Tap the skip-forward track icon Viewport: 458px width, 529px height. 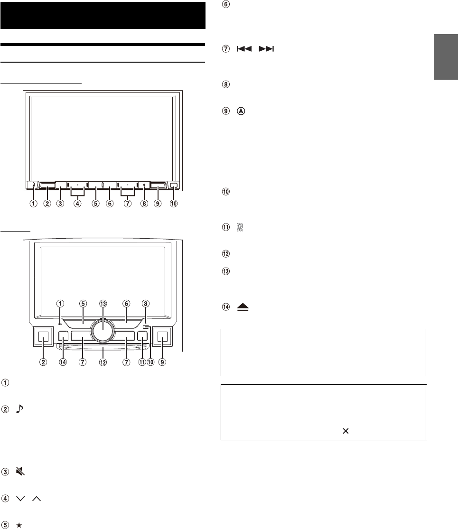[x=268, y=49]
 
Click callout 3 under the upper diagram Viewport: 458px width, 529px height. [x=60, y=204]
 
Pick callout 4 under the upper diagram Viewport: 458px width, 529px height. [x=77, y=204]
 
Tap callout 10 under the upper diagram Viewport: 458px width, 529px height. [x=175, y=204]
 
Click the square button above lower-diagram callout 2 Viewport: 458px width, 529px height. [x=43, y=338]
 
